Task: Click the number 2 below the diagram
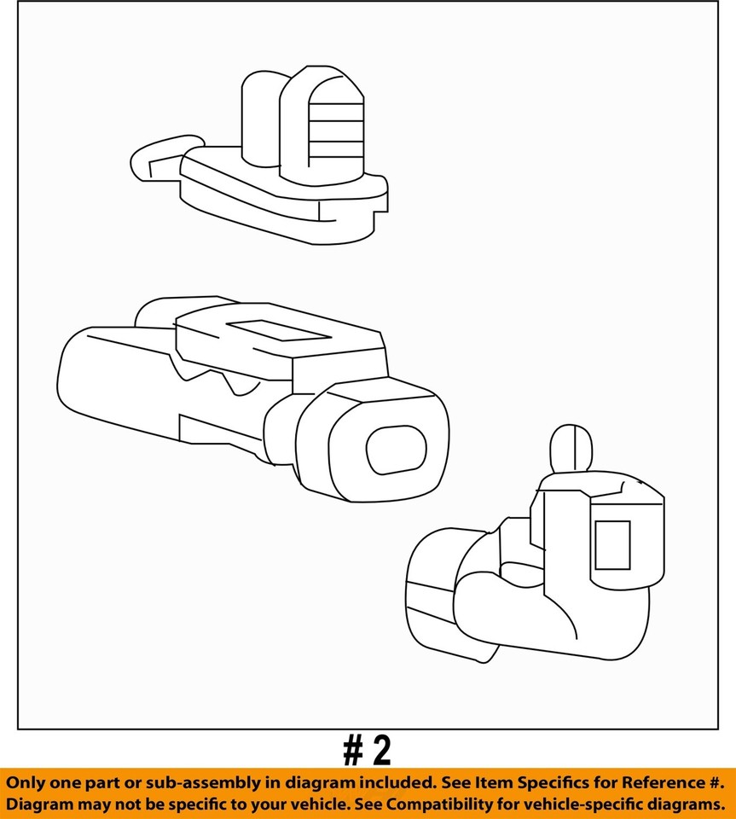tap(382, 751)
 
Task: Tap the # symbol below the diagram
tap(353, 751)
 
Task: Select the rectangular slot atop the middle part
tap(278, 330)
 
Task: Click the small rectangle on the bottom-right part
tap(612, 545)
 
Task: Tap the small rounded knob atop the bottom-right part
tap(571, 447)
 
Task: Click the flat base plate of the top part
tap(281, 205)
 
